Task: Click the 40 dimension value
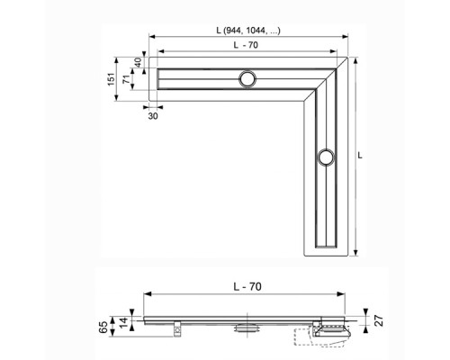click(x=138, y=64)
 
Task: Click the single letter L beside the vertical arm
click(x=360, y=155)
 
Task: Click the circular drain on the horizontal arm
click(x=247, y=78)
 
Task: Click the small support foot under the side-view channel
click(x=178, y=329)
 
